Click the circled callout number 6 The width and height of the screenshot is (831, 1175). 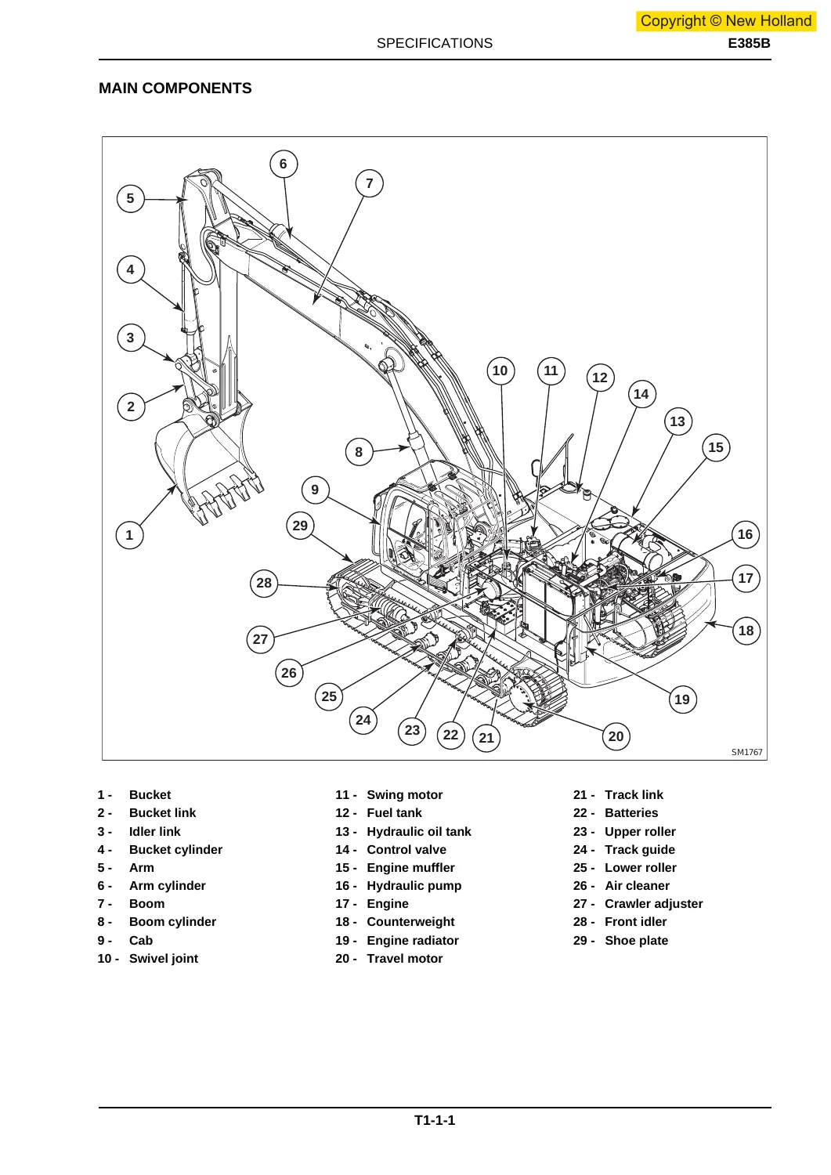click(x=284, y=164)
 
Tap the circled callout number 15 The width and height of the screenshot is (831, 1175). click(x=716, y=447)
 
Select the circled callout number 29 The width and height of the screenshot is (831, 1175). click(x=300, y=526)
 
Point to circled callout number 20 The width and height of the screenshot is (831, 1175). click(x=616, y=736)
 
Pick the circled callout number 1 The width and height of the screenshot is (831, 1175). click(x=129, y=535)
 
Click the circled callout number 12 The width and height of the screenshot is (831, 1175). click(x=600, y=378)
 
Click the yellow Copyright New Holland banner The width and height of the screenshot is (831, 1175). click(x=726, y=21)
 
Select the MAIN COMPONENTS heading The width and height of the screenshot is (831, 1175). click(x=175, y=88)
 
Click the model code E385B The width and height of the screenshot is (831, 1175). click(x=749, y=43)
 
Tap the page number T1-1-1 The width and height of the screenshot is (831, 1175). click(x=435, y=1120)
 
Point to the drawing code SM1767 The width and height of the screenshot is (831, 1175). click(x=747, y=752)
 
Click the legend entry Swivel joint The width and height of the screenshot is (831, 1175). click(x=164, y=959)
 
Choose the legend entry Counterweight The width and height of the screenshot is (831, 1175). click(x=410, y=922)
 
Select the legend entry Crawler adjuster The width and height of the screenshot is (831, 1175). click(x=654, y=904)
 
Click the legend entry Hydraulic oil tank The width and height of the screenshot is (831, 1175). click(x=419, y=831)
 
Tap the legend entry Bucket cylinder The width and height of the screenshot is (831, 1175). click(x=175, y=849)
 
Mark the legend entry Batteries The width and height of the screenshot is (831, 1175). click(x=631, y=812)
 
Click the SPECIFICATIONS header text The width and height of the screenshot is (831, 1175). click(x=435, y=43)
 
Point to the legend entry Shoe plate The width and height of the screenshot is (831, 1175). click(x=636, y=941)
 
